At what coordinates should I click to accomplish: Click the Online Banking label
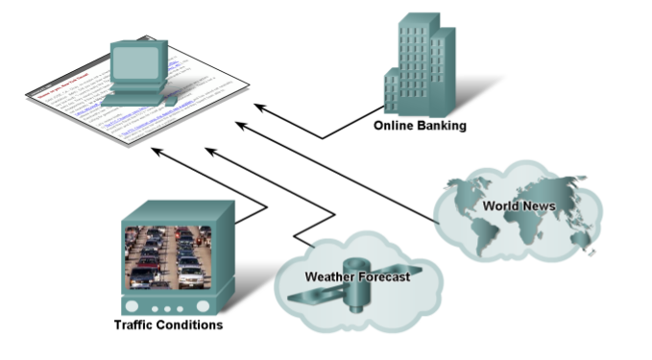point(420,124)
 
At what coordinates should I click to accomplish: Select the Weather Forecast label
point(357,276)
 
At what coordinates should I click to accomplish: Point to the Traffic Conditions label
point(168,324)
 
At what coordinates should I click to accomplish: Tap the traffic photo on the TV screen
point(166,257)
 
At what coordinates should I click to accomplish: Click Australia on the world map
point(579,237)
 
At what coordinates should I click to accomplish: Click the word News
point(541,205)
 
